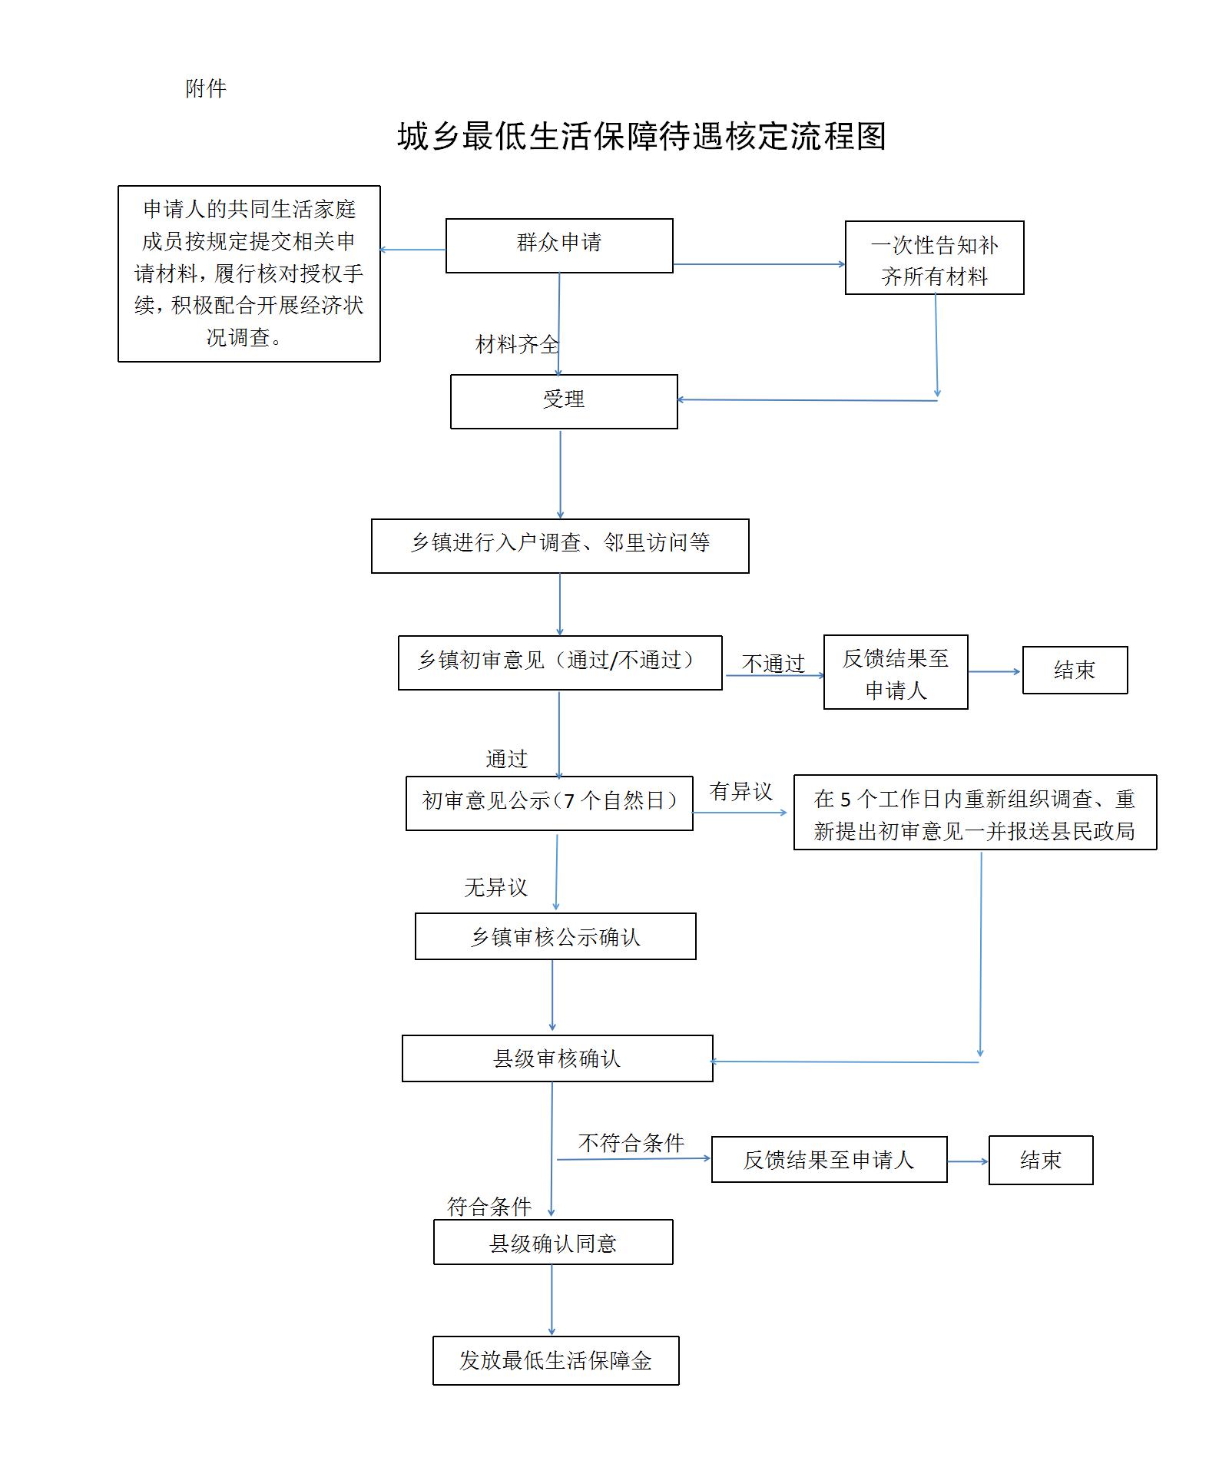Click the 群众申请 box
(559, 245)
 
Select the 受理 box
(564, 401)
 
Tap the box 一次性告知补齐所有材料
(934, 258)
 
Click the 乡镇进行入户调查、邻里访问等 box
(560, 545)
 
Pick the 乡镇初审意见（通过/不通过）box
(560, 662)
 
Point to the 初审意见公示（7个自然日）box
(549, 803)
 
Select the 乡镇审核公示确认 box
(555, 936)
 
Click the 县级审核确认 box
(557, 1058)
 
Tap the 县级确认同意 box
(553, 1242)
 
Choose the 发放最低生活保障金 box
(555, 1360)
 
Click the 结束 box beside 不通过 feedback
(1075, 670)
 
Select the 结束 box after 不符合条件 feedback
(1040, 1160)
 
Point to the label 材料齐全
(516, 344)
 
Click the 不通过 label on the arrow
(773, 662)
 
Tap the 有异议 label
(740, 791)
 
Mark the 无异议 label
(495, 887)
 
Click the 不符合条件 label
(631, 1143)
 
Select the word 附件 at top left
(206, 89)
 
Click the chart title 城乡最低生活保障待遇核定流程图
(641, 137)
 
